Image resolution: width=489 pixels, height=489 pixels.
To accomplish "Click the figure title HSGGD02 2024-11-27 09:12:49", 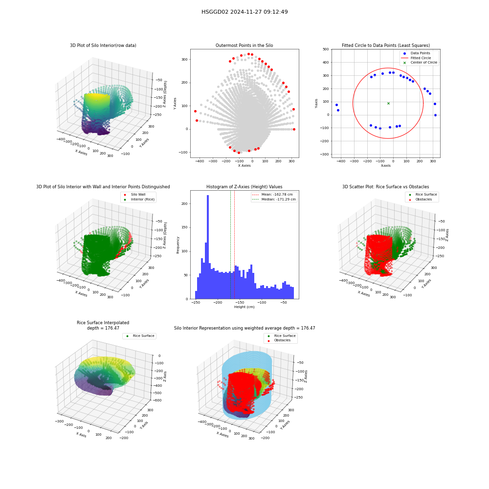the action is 244,12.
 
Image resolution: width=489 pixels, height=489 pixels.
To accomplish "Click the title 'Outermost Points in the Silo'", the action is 244,45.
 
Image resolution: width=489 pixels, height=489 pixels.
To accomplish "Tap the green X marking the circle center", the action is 388,103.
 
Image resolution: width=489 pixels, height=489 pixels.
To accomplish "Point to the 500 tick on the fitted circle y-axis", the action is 326,49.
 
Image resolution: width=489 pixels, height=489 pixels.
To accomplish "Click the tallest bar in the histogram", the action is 208,247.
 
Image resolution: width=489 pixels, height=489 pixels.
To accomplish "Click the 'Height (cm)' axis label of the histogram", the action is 244,307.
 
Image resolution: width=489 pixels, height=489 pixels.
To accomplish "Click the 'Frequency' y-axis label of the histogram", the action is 178,245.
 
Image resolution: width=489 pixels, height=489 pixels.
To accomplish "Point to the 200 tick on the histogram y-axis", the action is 185,203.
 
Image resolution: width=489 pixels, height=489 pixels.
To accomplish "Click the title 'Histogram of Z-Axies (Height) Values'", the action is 244,186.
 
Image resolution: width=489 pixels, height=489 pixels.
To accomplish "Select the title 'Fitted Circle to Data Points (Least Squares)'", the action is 386,45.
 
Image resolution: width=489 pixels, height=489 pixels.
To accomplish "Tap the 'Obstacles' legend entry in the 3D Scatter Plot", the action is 423,200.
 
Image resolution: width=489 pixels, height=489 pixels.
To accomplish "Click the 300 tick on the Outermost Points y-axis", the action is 185,59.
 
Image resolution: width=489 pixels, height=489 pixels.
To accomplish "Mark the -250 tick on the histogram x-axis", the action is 195,302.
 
